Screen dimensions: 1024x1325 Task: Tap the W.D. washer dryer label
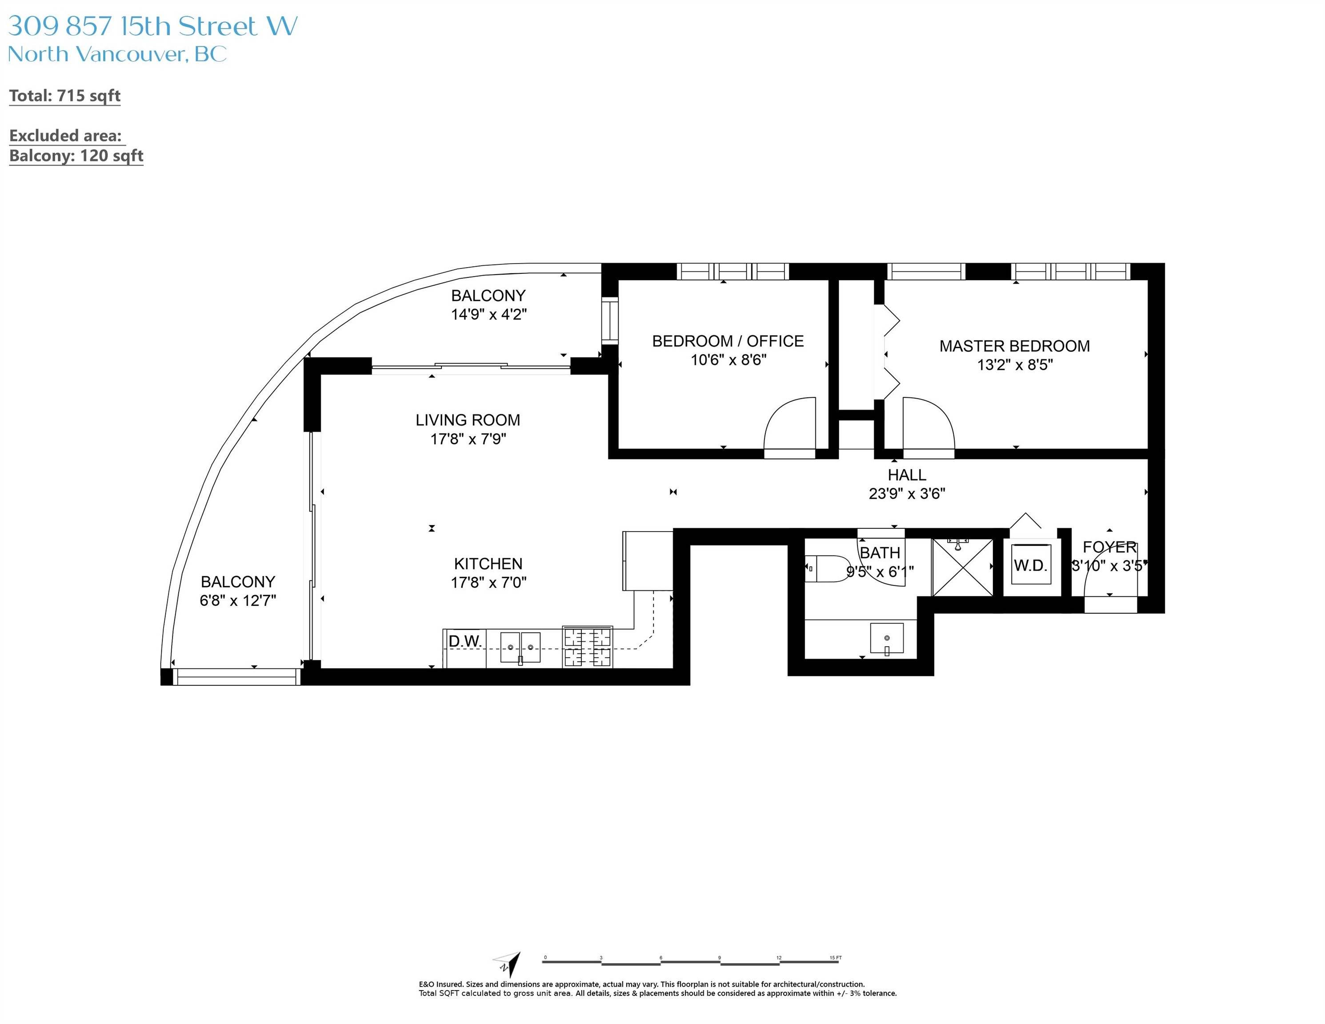[1030, 565]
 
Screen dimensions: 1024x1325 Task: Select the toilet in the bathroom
[828, 568]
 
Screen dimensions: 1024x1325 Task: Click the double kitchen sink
[520, 647]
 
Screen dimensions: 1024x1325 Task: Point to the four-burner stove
[587, 647]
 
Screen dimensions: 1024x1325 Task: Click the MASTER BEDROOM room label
[1014, 346]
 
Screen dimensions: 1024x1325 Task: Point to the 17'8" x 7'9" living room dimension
[468, 439]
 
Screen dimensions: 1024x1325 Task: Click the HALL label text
[906, 474]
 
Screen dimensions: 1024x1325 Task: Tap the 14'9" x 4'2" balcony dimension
[488, 314]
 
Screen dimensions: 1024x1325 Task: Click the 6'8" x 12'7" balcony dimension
[238, 600]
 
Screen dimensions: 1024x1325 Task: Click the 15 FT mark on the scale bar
[836, 958]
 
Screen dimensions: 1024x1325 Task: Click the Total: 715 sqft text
[65, 96]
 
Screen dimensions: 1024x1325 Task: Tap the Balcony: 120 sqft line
[76, 156]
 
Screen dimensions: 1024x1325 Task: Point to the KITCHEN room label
[488, 563]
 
